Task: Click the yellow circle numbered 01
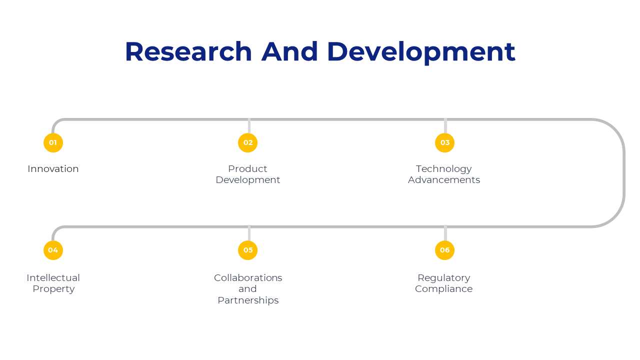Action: pos(53,143)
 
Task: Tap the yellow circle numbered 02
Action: pos(247,143)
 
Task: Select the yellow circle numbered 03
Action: pos(444,143)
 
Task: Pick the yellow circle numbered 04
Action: pos(53,250)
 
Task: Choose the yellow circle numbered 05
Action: pos(247,250)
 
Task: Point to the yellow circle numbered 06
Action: pos(444,250)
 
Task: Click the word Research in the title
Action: pos(188,51)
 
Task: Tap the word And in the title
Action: pos(289,51)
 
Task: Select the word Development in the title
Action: pos(421,53)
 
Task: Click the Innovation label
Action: pos(53,169)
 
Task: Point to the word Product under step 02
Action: pos(247,169)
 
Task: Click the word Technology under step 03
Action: pos(443,169)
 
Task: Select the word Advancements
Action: pos(444,180)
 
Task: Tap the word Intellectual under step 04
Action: pos(53,277)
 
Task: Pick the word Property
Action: pos(53,289)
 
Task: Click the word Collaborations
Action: pos(248,277)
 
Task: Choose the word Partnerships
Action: pos(248,301)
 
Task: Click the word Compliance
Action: pos(443,289)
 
